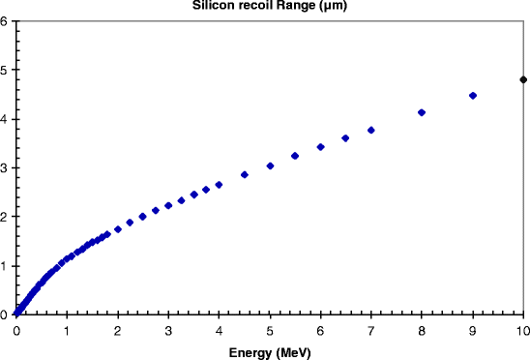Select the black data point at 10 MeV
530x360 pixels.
point(523,79)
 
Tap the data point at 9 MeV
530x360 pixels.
point(473,96)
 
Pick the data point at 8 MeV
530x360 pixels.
point(422,112)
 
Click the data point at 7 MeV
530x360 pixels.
point(371,130)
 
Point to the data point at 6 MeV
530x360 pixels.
point(320,147)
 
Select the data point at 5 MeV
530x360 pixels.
point(270,165)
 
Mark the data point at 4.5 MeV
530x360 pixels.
point(245,174)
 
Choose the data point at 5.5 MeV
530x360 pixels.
point(295,156)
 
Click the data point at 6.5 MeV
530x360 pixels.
point(345,138)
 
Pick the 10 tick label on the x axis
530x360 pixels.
point(523,331)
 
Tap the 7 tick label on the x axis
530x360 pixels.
point(371,331)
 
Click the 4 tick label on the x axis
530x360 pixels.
point(219,331)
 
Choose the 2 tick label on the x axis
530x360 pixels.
point(118,331)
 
